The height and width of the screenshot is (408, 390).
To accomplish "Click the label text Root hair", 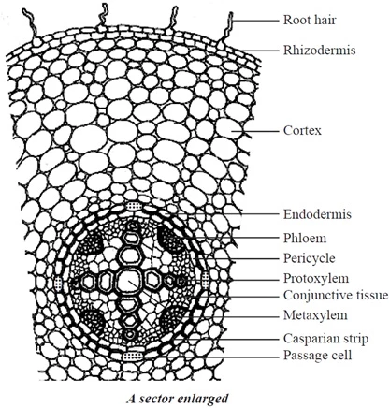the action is pyautogui.click(x=310, y=21).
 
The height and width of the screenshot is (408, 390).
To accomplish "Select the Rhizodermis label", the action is pyautogui.click(x=319, y=50).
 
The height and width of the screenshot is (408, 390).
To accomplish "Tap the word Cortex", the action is pyautogui.click(x=302, y=130).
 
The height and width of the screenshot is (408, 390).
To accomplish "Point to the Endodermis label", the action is pyautogui.click(x=317, y=214).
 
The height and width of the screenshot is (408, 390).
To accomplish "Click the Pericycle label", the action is pyautogui.click(x=310, y=258).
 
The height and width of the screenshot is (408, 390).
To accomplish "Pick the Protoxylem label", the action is pyautogui.click(x=316, y=278).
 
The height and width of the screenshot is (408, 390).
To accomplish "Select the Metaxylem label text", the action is pyautogui.click(x=315, y=315).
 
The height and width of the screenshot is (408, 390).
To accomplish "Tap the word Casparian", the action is pyautogui.click(x=309, y=339).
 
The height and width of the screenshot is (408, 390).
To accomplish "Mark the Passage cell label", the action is pyautogui.click(x=317, y=355).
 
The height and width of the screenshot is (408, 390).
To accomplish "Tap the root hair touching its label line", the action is pyautogui.click(x=229, y=28).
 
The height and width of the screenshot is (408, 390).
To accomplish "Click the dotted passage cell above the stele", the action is pyautogui.click(x=134, y=206).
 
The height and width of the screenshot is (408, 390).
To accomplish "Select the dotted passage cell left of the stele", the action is pyautogui.click(x=58, y=283).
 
